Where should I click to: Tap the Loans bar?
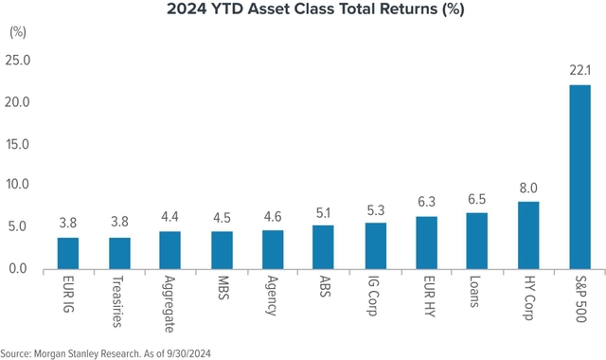tap(478, 241)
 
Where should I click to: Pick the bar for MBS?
tap(223, 250)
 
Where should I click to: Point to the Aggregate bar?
tap(170, 250)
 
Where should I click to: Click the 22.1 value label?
tap(579, 71)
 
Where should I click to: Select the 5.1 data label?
tap(325, 212)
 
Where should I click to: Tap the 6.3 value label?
tap(426, 203)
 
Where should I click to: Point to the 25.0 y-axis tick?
tap(19, 61)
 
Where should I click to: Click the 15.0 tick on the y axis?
tap(19, 144)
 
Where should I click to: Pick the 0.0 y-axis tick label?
tap(19, 269)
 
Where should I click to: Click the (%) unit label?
tap(17, 31)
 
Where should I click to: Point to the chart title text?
tap(303, 10)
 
